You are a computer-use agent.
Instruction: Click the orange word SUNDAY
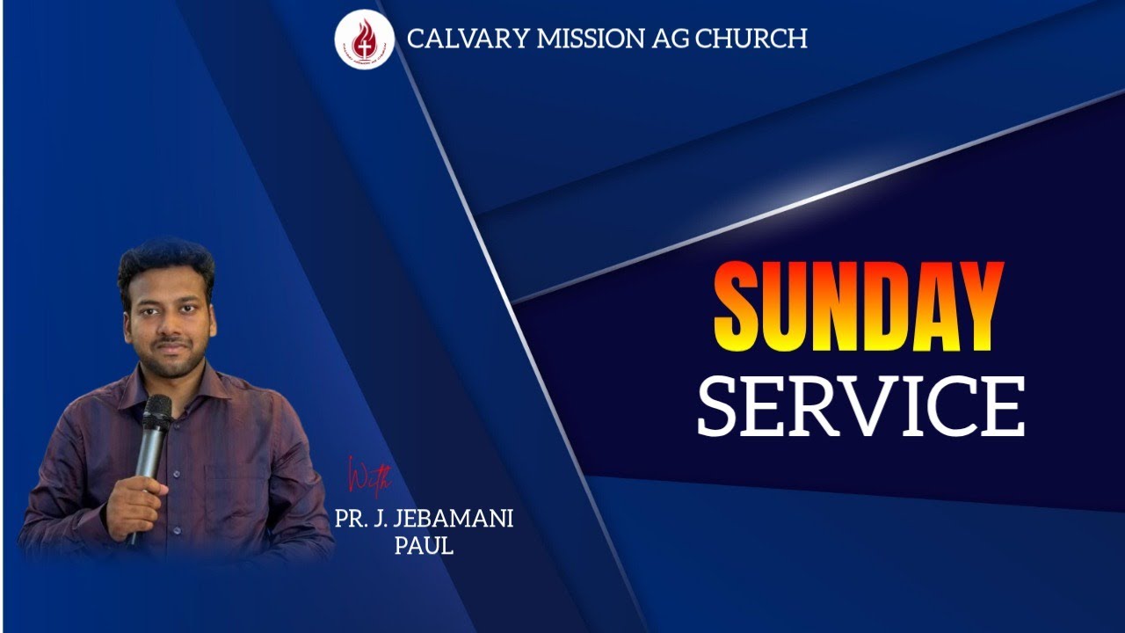858,306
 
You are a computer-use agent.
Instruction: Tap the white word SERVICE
860,407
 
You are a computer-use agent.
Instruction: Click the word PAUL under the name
424,545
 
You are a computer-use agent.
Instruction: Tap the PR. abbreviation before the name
351,519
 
